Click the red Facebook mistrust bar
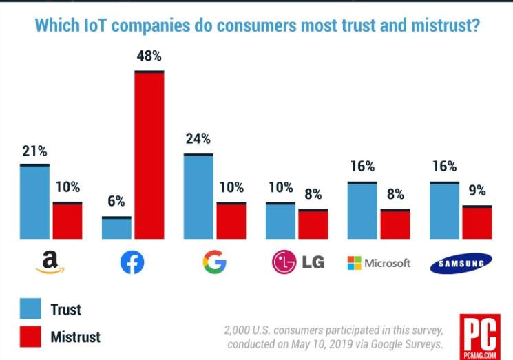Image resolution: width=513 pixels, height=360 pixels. [149, 155]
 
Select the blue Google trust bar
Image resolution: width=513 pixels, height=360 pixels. [198, 197]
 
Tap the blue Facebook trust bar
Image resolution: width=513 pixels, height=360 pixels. [116, 228]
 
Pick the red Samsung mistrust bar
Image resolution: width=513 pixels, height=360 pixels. [477, 222]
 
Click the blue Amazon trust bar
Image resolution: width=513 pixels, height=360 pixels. [34, 202]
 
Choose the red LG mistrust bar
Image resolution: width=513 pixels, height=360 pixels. [313, 224]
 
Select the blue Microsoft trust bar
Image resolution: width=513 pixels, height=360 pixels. [362, 211]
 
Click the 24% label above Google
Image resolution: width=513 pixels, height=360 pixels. [198, 139]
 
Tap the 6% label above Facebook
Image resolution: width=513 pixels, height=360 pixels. [116, 202]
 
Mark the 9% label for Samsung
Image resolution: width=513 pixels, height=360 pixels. [477, 191]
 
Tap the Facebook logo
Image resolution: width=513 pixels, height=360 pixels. [132, 262]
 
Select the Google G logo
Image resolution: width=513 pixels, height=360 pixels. [214, 262]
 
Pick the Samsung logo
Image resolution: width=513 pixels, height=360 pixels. [461, 263]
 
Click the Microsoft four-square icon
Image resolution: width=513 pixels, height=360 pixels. [353, 263]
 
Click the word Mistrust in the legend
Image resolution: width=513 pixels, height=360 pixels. [75, 337]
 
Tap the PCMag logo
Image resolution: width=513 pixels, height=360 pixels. [479, 335]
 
